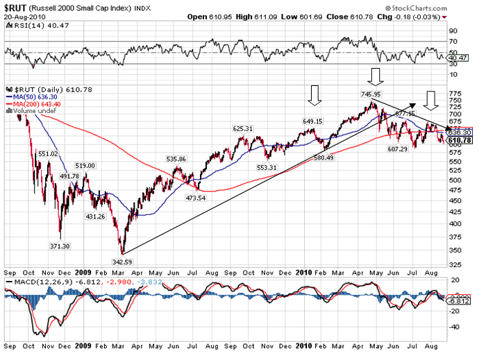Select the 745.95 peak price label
point(371,94)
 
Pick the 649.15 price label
point(314,121)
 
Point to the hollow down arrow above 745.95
point(376,76)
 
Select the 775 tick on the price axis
point(455,93)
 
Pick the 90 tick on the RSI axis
point(453,31)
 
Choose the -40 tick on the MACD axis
point(455,326)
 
